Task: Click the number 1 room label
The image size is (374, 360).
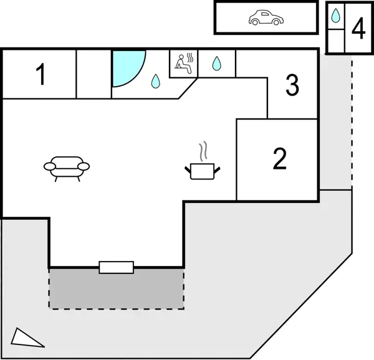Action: pos(41,75)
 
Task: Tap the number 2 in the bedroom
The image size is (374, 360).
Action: pos(280,159)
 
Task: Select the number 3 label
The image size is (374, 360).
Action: pos(292,85)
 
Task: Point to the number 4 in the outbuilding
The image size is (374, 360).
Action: pos(358,29)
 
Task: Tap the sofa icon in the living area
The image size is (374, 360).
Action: pos(67,166)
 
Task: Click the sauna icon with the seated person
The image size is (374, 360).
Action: pos(184,62)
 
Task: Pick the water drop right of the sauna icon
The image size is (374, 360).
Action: pos(217,63)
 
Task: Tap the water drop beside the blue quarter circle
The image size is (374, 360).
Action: pos(155,81)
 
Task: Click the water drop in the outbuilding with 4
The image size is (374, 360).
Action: pos(335,15)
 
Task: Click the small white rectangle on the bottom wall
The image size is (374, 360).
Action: pos(117,267)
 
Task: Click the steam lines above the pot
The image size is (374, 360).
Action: pos(203,151)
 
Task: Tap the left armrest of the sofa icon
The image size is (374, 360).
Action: pos(49,166)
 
